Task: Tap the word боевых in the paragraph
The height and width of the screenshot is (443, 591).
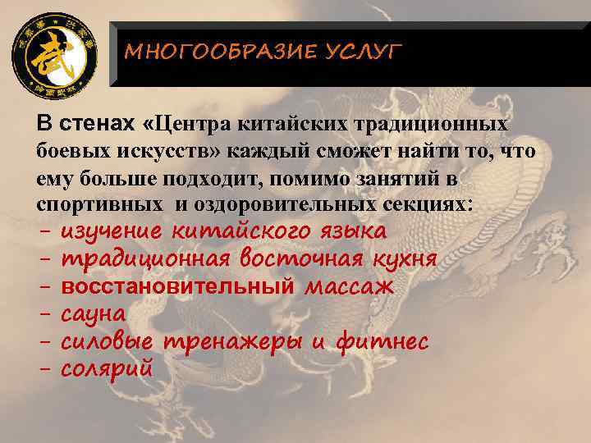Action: [68, 151]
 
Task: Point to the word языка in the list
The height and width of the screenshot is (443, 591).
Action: [352, 232]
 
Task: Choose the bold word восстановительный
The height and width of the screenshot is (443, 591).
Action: [178, 286]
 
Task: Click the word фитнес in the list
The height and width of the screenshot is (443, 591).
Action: [381, 341]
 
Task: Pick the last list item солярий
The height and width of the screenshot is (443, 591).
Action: [107, 368]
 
